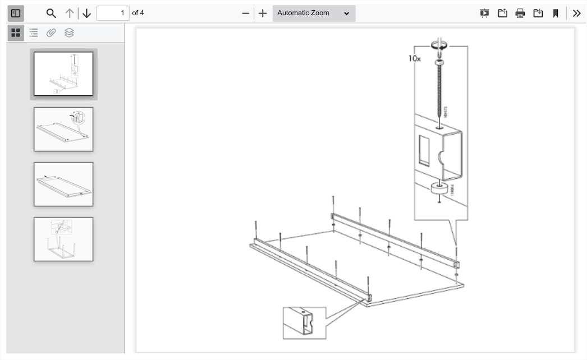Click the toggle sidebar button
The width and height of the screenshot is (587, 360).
[x=16, y=13]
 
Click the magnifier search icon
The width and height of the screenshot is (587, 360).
[x=51, y=13]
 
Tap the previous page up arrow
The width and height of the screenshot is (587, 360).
[x=70, y=13]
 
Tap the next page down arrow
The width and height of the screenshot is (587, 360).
[x=86, y=13]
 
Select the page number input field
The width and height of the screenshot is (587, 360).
[x=112, y=13]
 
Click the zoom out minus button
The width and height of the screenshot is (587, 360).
[x=245, y=13]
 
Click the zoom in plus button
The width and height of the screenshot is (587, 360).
[x=263, y=13]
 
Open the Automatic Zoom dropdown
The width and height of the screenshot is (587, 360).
[x=314, y=13]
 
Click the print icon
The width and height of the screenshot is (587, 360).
[x=520, y=13]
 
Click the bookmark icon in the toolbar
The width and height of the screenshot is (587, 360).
[x=556, y=13]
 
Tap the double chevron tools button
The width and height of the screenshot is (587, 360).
[x=576, y=13]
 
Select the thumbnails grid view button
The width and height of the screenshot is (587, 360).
[x=16, y=33]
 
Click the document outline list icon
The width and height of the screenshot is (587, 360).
[x=34, y=33]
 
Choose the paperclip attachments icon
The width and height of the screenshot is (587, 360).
[x=51, y=33]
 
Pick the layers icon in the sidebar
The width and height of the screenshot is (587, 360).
[x=69, y=33]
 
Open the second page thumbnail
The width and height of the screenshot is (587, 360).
[x=63, y=129]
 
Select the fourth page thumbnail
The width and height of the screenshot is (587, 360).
[x=63, y=239]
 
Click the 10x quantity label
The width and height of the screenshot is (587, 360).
[x=415, y=58]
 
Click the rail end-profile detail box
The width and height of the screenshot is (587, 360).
[x=304, y=322]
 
